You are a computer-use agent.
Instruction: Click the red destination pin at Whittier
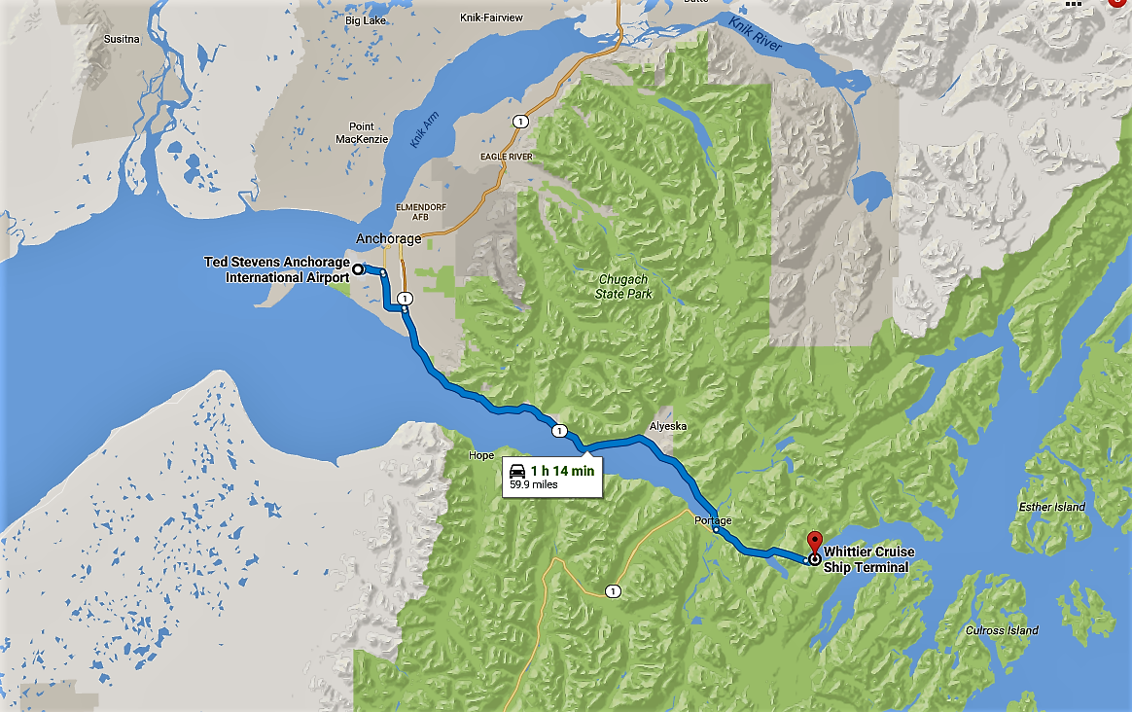pyautogui.click(x=814, y=543)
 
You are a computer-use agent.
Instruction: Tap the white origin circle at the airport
pyautogui.click(x=358, y=268)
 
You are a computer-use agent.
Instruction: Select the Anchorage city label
pyautogui.click(x=389, y=238)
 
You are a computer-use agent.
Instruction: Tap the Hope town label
pyautogui.click(x=480, y=455)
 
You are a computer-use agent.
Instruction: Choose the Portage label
pyautogui.click(x=713, y=521)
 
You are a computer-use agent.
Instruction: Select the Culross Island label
pyautogui.click(x=1002, y=630)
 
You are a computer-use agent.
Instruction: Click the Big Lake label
pyautogui.click(x=365, y=18)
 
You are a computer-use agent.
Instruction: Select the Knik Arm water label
pyautogui.click(x=424, y=128)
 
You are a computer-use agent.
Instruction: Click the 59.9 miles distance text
pyautogui.click(x=534, y=484)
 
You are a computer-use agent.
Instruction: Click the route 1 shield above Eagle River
pyautogui.click(x=522, y=122)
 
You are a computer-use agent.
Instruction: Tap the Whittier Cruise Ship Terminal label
pyautogui.click(x=868, y=559)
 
